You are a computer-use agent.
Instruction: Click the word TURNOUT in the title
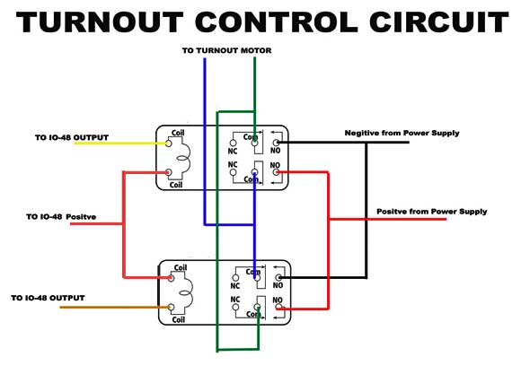coord(100,22)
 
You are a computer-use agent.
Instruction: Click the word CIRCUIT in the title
coord(438,22)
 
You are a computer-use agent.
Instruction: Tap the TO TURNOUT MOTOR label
coord(226,50)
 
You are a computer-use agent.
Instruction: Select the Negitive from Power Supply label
coord(402,133)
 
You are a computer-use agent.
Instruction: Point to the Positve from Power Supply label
coord(431,212)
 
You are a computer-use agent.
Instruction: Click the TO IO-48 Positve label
coord(61,217)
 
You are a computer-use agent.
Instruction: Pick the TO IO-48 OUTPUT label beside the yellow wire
coord(72,137)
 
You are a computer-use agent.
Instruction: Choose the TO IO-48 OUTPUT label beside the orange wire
coord(48,298)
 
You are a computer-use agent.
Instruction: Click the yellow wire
coord(120,144)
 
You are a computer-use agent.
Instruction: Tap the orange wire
coord(115,308)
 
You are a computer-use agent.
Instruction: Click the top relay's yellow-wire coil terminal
coord(169,144)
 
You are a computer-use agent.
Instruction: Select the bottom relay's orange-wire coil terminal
coord(171,308)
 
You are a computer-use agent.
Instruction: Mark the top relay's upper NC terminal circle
coord(234,143)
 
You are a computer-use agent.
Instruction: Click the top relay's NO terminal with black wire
coord(276,143)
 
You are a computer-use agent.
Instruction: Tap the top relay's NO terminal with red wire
coord(276,172)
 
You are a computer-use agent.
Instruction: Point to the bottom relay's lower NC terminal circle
coord(235,307)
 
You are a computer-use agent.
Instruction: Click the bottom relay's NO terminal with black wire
coord(278,277)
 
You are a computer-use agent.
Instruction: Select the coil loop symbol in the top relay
coord(184,158)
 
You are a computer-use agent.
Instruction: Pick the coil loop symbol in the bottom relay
coord(187,292)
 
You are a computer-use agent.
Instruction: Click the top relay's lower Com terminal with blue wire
coord(254,172)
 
